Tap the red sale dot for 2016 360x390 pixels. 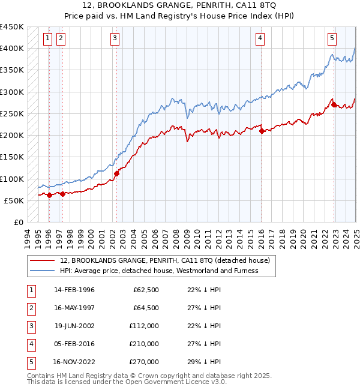(x=262, y=131)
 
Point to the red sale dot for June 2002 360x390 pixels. (x=116, y=174)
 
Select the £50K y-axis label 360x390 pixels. (x=14, y=200)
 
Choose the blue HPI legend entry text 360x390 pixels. (x=158, y=271)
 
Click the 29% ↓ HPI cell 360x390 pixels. (x=204, y=362)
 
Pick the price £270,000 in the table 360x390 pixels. (x=144, y=362)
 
